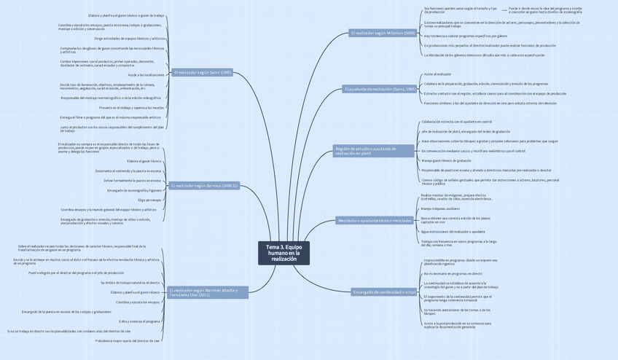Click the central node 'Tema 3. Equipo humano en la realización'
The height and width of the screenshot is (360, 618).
[x=283, y=252]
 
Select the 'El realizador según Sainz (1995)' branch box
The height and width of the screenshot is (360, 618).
[x=203, y=72]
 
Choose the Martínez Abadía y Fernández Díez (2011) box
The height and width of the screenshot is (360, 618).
[x=208, y=292]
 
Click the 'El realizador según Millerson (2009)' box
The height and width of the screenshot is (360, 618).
[x=383, y=33]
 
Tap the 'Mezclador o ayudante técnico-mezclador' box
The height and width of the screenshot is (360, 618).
[x=375, y=220]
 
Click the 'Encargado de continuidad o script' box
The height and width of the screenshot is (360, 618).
[x=384, y=292]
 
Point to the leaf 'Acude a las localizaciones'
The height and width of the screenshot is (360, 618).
[x=146, y=74]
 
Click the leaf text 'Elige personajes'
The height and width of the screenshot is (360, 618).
[x=149, y=200]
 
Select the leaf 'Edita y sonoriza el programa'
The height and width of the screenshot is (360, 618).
[x=139, y=321]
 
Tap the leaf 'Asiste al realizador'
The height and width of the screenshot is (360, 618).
[x=437, y=74]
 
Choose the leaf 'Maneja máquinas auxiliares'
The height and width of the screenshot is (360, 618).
[x=440, y=208]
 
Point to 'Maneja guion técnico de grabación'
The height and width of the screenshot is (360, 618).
[x=446, y=160]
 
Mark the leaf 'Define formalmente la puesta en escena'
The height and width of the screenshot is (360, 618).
[x=132, y=180]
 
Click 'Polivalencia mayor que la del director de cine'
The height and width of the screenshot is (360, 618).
[x=128, y=340]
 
